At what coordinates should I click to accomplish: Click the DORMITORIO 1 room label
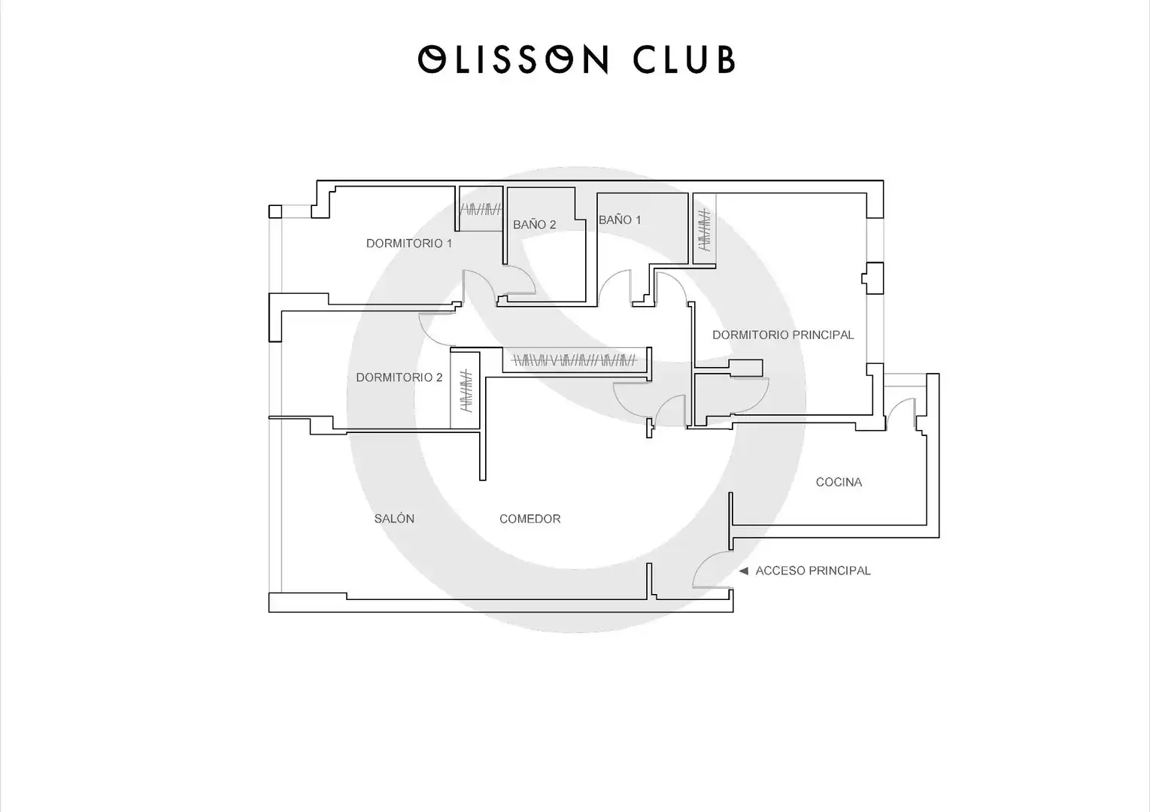pyautogui.click(x=408, y=244)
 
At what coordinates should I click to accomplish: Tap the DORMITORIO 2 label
pyautogui.click(x=399, y=377)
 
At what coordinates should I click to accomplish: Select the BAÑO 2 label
pyautogui.click(x=535, y=224)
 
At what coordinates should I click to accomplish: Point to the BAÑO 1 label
pyautogui.click(x=620, y=220)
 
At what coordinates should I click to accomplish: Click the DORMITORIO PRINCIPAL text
pyautogui.click(x=783, y=335)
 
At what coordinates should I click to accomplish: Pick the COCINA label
pyautogui.click(x=839, y=482)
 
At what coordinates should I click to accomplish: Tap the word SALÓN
pyautogui.click(x=394, y=519)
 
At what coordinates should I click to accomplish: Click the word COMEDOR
pyautogui.click(x=529, y=519)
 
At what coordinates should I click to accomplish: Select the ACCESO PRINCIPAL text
pyautogui.click(x=813, y=571)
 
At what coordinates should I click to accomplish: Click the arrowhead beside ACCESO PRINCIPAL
pyautogui.click(x=743, y=571)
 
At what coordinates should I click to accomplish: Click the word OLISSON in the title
pyautogui.click(x=514, y=59)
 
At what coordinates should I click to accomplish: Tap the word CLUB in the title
pyautogui.click(x=684, y=59)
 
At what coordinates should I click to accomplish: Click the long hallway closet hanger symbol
pyautogui.click(x=575, y=360)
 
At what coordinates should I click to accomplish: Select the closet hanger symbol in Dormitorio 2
pyautogui.click(x=466, y=391)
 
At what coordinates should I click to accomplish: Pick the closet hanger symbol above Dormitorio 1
pyautogui.click(x=480, y=210)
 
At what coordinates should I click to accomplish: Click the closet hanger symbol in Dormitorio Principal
pyautogui.click(x=705, y=229)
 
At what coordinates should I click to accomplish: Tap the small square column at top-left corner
pyautogui.click(x=275, y=211)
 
